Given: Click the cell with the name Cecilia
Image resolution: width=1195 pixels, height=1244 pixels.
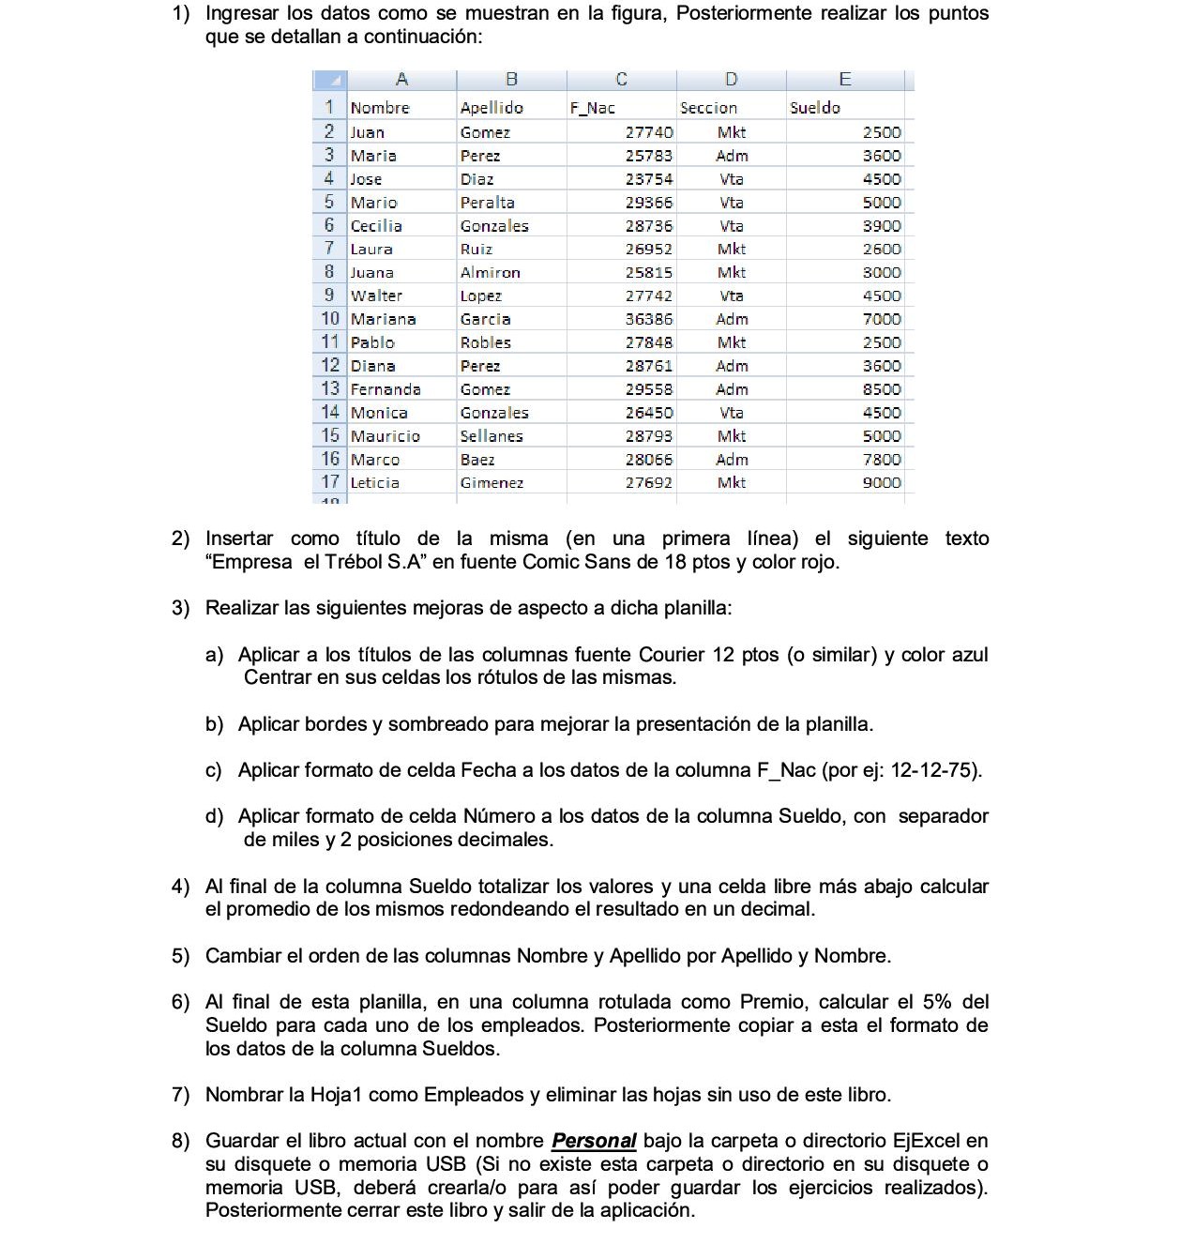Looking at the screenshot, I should coord(377,226).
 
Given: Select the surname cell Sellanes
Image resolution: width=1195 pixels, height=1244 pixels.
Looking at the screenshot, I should coord(492,436).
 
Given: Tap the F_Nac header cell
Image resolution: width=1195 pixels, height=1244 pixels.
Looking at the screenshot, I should coord(593,108).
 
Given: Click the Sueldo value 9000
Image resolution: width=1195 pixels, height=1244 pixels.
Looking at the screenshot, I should coord(882,482).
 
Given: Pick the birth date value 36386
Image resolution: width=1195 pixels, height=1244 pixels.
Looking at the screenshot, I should coord(649,319).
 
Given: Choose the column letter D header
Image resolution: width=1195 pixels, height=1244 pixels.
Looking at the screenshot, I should coord(732,80).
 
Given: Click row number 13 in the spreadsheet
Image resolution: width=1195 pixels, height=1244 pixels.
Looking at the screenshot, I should coord(330,388).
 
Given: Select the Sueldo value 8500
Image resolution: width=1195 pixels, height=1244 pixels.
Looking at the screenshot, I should coord(882,389).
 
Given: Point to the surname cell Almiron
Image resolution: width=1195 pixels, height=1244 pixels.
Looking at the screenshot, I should coord(491,273).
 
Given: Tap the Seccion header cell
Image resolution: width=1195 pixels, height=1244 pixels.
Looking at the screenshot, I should coord(709,108).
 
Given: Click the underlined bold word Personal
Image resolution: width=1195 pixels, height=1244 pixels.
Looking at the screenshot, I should coord(594,1141).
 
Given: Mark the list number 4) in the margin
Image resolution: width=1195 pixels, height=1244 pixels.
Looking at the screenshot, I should coord(180,887).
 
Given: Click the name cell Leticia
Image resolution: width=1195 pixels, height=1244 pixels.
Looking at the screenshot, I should coord(375,482).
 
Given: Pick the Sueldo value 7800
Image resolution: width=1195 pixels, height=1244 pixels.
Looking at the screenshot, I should coord(882,460).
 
